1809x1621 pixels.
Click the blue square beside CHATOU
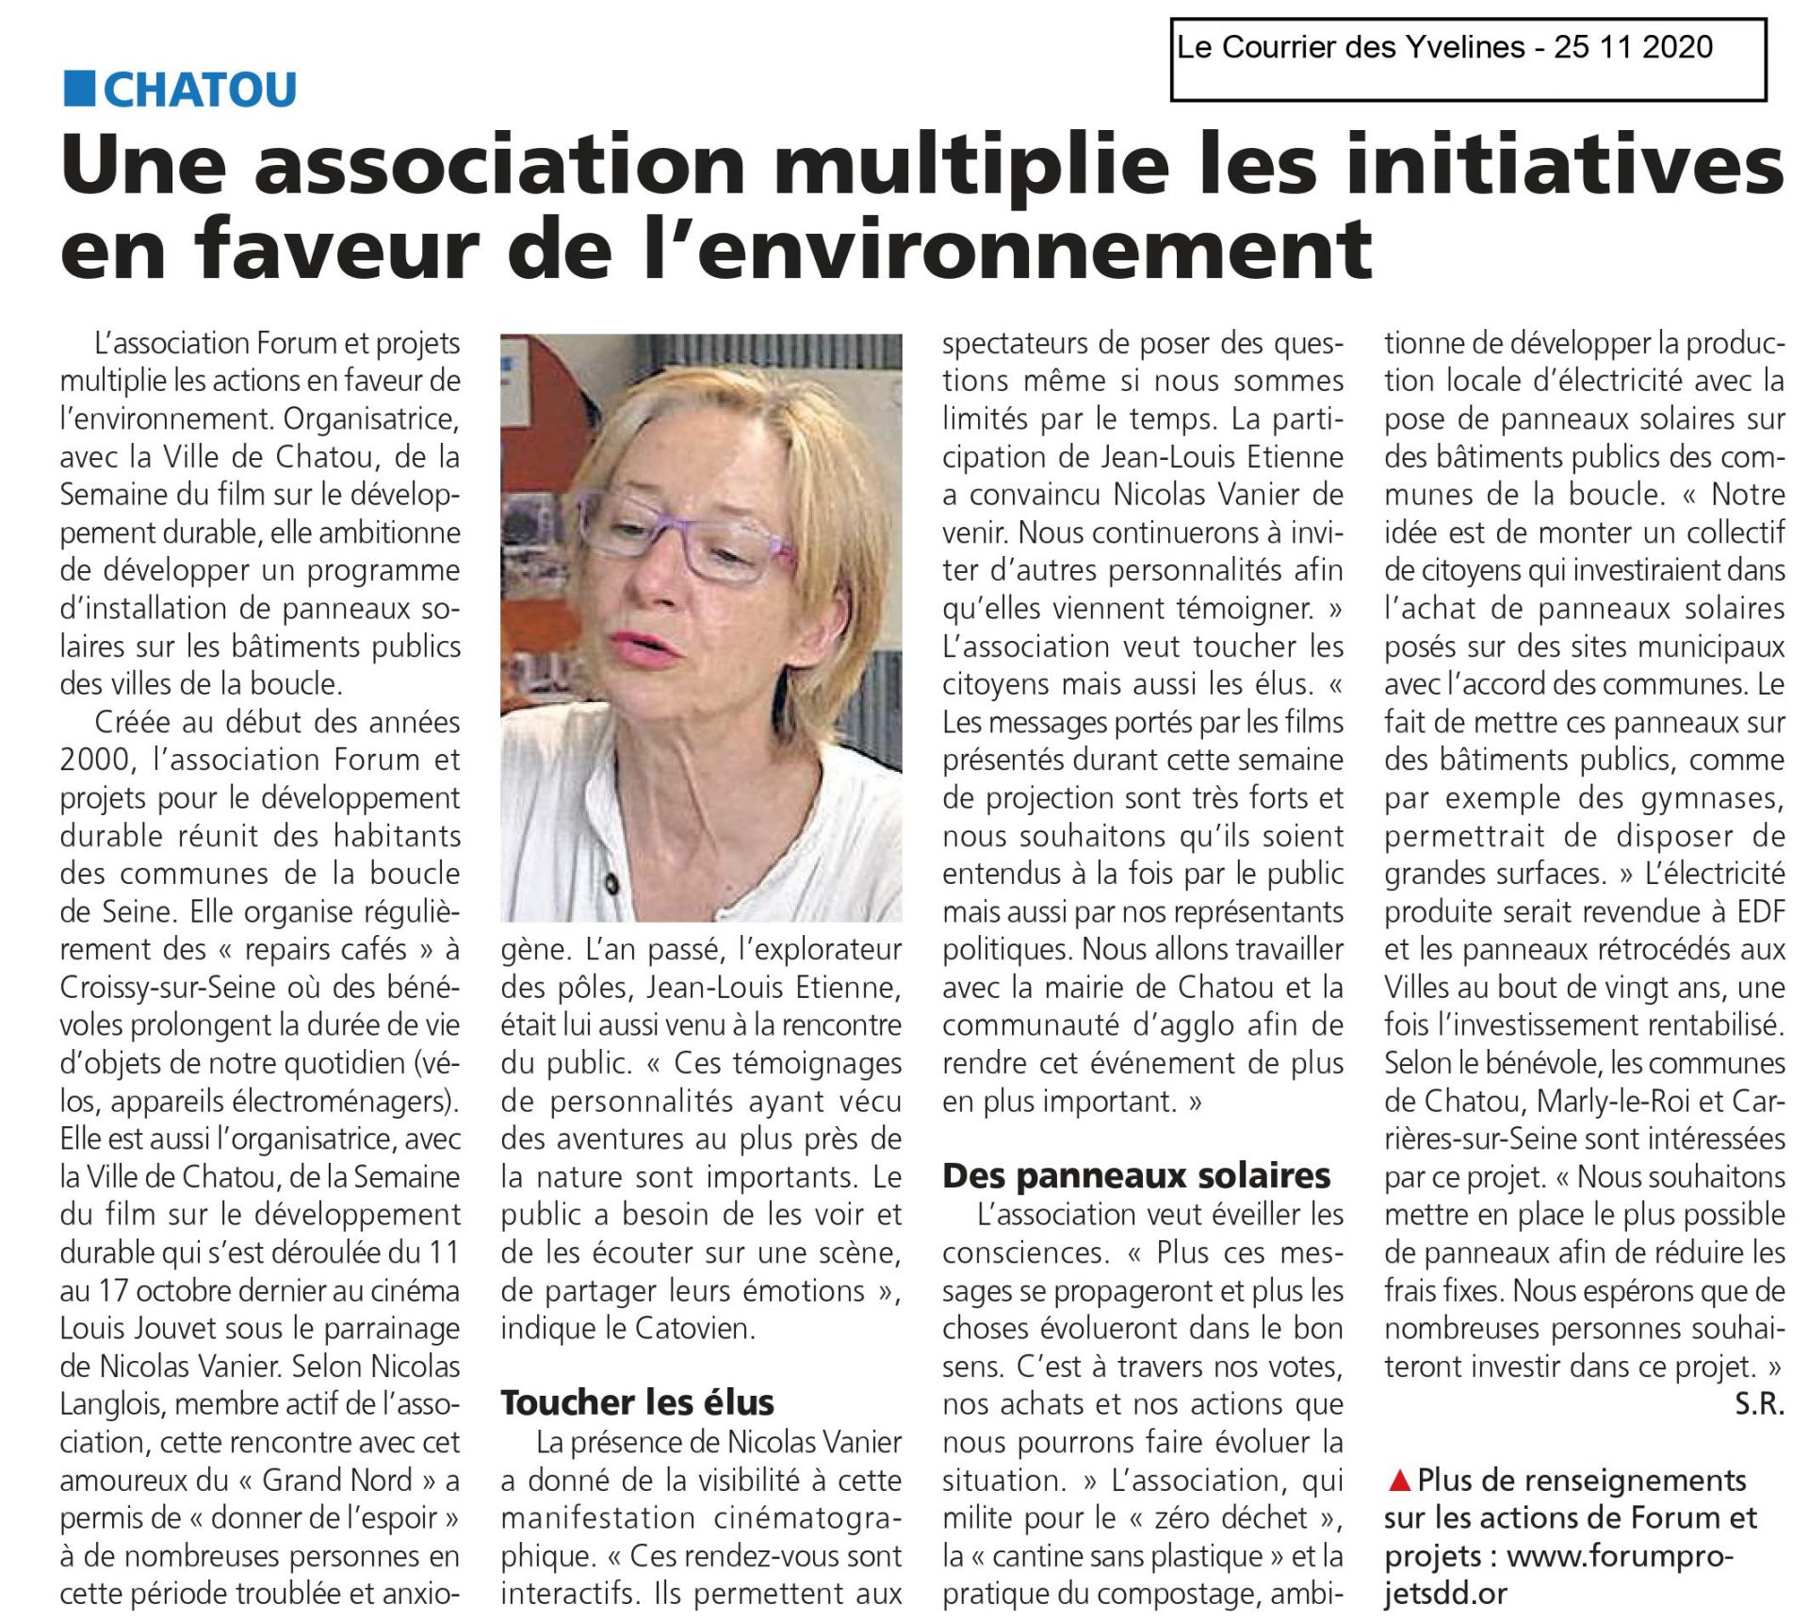coord(79,89)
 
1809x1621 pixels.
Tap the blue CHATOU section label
coord(200,90)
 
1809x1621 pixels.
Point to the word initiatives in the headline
coord(1559,166)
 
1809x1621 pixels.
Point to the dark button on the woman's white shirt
coord(613,885)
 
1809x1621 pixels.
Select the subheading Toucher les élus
coord(637,1402)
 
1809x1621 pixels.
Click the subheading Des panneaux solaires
coord(1136,1175)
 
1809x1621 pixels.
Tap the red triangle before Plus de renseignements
coord(1399,1481)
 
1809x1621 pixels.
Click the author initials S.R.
coord(1759,1404)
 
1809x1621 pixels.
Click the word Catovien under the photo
coord(695,1328)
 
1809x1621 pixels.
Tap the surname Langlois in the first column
coord(112,1404)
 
